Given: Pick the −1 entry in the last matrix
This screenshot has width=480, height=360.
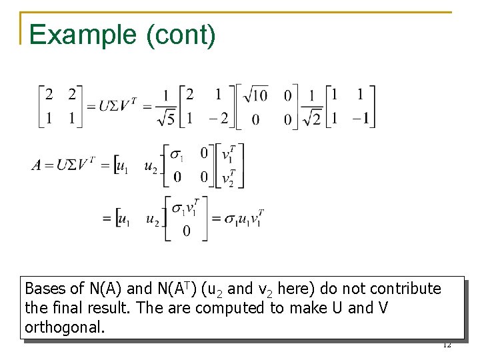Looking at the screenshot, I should [x=360, y=119].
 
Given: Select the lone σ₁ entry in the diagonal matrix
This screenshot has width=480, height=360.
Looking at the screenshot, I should [x=177, y=155].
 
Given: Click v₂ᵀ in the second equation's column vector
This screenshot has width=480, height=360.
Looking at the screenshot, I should [x=227, y=178].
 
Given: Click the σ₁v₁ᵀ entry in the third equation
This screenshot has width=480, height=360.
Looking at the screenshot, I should [x=185, y=209].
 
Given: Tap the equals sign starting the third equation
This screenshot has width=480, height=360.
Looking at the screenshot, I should [x=107, y=218].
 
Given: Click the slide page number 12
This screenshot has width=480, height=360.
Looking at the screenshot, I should [x=447, y=345].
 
